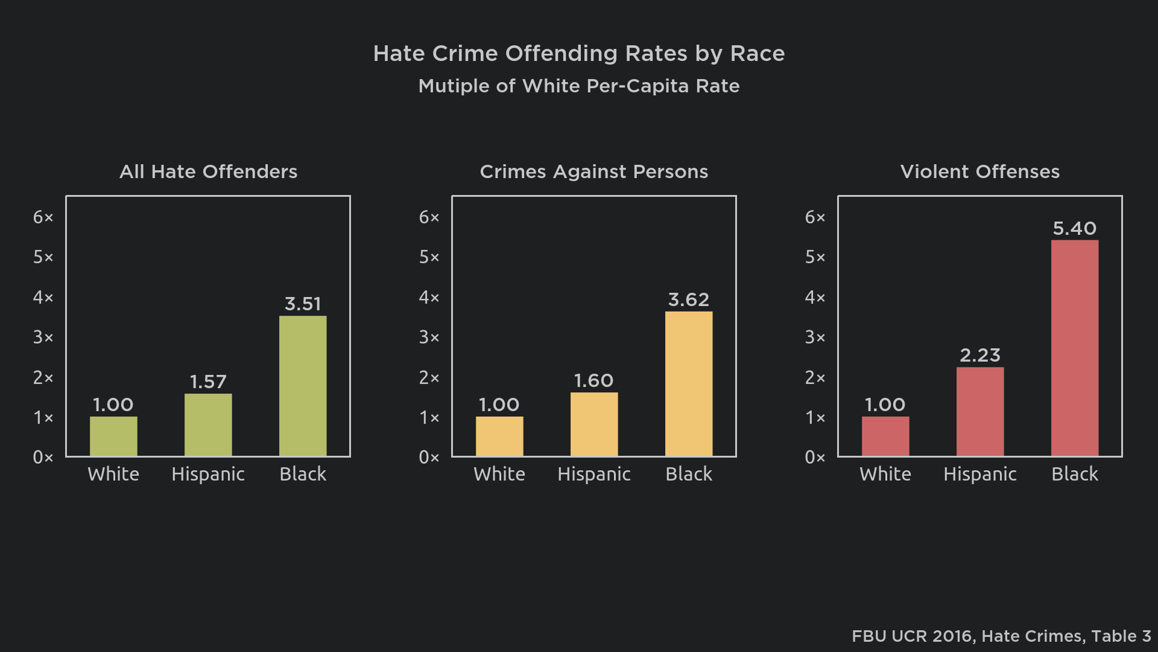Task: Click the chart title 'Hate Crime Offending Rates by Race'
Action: click(579, 54)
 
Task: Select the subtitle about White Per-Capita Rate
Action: click(579, 86)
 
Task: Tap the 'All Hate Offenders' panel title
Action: click(208, 172)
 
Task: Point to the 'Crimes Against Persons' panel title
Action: click(594, 172)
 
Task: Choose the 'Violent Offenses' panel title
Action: click(980, 172)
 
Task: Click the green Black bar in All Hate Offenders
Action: click(303, 386)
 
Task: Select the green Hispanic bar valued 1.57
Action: click(208, 425)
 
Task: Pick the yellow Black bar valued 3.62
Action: click(689, 384)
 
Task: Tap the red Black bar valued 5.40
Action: click(1075, 348)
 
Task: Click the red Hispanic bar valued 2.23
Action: click(980, 412)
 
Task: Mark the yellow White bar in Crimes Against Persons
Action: click(499, 436)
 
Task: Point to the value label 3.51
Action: click(303, 304)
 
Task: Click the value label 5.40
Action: click(1075, 229)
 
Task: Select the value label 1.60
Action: click(594, 381)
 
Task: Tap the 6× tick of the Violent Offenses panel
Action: click(815, 217)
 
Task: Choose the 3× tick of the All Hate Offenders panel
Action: click(43, 337)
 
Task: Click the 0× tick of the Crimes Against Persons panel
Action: click(429, 458)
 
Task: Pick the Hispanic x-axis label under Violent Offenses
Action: click(980, 475)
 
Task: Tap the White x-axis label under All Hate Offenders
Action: click(113, 475)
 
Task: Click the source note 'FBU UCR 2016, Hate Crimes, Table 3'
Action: click(1001, 636)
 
